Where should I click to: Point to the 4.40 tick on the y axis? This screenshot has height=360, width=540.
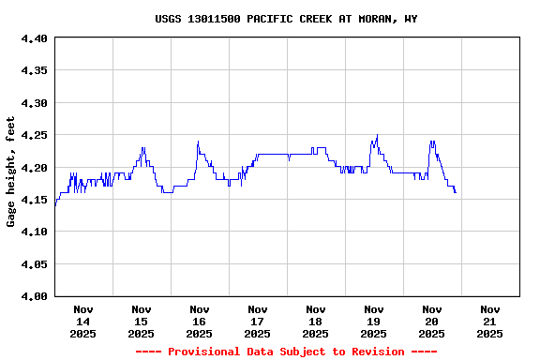tap(33, 38)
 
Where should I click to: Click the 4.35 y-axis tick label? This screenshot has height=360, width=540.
tap(33, 70)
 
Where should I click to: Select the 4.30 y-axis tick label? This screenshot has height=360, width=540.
tap(33, 103)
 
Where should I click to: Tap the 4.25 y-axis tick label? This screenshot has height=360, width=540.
tap(33, 135)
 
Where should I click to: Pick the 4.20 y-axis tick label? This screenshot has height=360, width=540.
tap(33, 168)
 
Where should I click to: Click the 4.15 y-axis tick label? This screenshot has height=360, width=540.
tap(33, 200)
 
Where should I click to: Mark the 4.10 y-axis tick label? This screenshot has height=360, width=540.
tap(33, 232)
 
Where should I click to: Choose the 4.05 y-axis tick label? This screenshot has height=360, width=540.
tap(33, 264)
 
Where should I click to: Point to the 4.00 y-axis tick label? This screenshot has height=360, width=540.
tap(33, 296)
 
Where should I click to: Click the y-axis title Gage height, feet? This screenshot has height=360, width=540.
tap(11, 172)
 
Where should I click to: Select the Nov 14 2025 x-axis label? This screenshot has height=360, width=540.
tap(83, 322)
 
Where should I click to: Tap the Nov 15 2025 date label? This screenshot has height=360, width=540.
tap(142, 322)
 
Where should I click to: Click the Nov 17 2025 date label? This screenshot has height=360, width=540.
tap(258, 322)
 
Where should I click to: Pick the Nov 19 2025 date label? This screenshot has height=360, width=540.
tap(374, 322)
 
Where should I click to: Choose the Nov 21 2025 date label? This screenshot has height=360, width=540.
tap(489, 322)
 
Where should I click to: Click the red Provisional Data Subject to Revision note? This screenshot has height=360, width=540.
tap(286, 352)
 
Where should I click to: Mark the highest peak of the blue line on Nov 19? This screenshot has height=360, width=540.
tap(377, 135)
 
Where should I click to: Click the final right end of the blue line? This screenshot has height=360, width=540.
tap(456, 193)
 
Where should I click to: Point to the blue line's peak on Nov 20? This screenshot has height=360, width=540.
tap(432, 142)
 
